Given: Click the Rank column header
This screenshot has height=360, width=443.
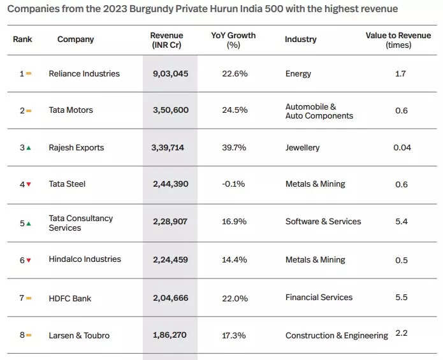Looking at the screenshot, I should coord(22,40).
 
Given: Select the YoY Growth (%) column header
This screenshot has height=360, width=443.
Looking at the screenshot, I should coord(233,40).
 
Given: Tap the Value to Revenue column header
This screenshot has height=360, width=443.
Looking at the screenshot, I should coord(398,40).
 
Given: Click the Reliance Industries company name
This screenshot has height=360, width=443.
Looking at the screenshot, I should coord(84,74).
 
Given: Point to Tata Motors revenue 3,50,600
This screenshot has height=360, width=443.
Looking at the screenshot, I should coord(171,110).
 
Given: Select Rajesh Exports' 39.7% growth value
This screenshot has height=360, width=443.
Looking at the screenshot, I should coord(235,148).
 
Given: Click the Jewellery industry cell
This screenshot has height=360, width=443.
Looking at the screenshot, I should coord(303,148).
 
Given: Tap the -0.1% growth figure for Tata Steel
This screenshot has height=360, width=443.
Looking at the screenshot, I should coord(235,184).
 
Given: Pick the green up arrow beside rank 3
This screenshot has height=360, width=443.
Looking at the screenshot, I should coord(28,148).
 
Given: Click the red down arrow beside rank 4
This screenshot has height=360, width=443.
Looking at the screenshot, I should coord(28,185).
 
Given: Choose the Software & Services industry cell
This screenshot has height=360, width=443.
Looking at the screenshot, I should coord(323,222).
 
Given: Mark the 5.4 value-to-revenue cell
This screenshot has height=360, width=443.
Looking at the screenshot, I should coord(402,222).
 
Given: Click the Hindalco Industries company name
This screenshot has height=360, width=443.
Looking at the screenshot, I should coord(85,259).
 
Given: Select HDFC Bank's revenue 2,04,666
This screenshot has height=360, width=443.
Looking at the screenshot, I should coord(171,298).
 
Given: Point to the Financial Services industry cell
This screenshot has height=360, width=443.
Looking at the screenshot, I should coord(319,298).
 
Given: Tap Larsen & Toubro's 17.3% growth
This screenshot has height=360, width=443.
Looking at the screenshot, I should coord(235,335).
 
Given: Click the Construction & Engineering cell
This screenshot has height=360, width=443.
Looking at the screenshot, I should coord(337,336).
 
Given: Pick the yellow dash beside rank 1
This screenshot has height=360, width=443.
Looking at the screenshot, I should coord(28,74).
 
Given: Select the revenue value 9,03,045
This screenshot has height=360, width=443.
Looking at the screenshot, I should coord(171,74).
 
